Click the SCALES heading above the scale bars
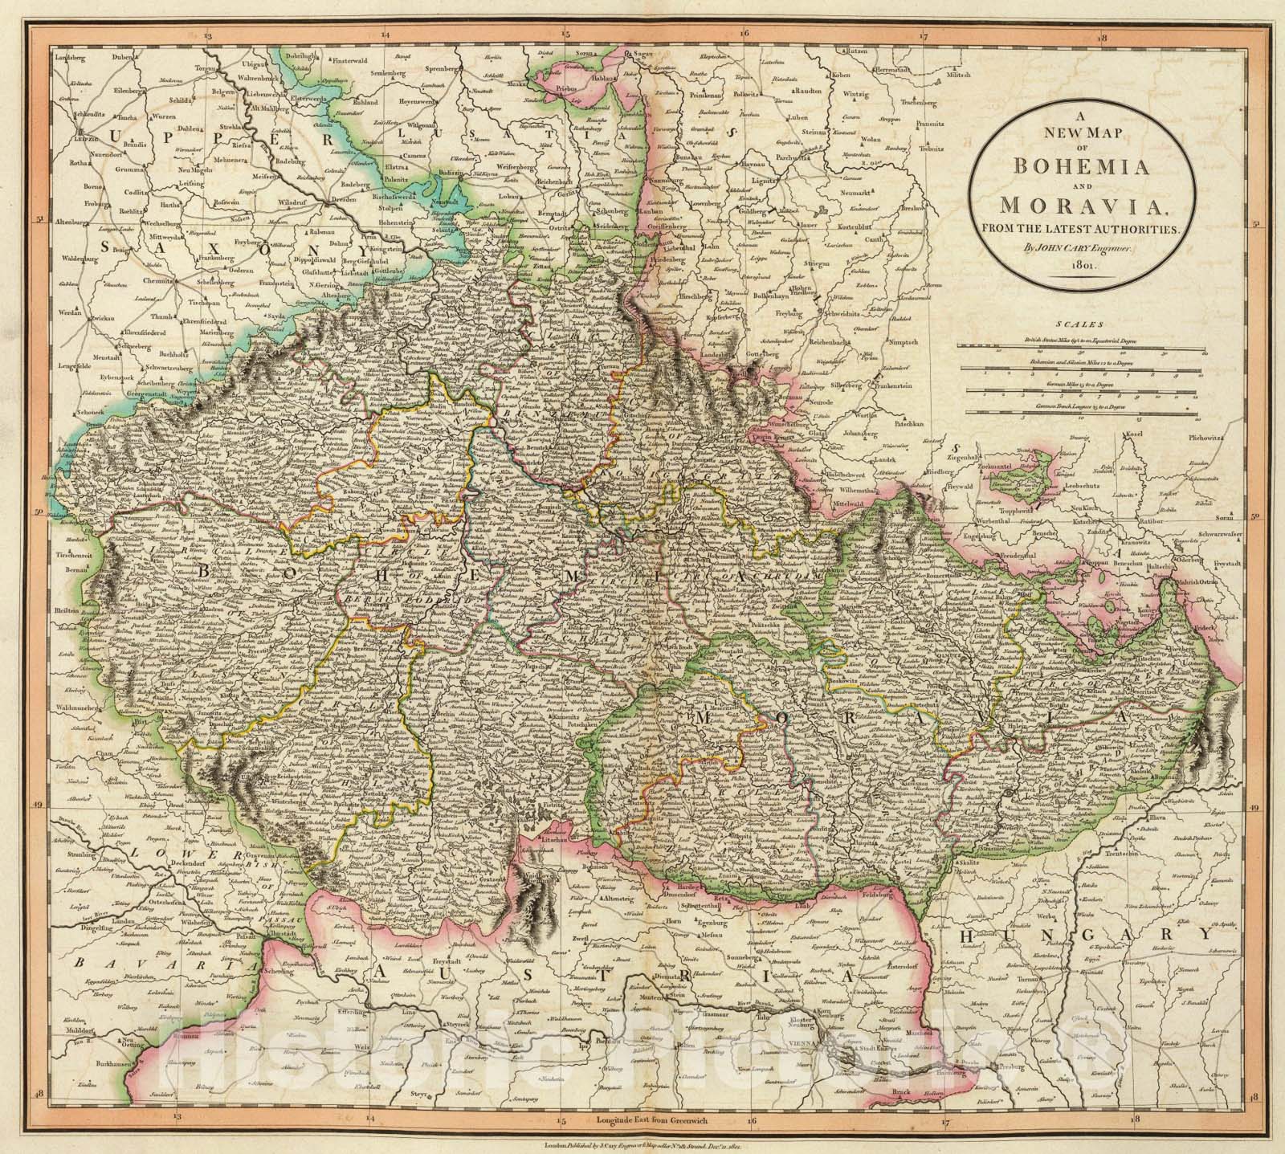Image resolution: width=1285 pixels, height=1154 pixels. coord(1075,326)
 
